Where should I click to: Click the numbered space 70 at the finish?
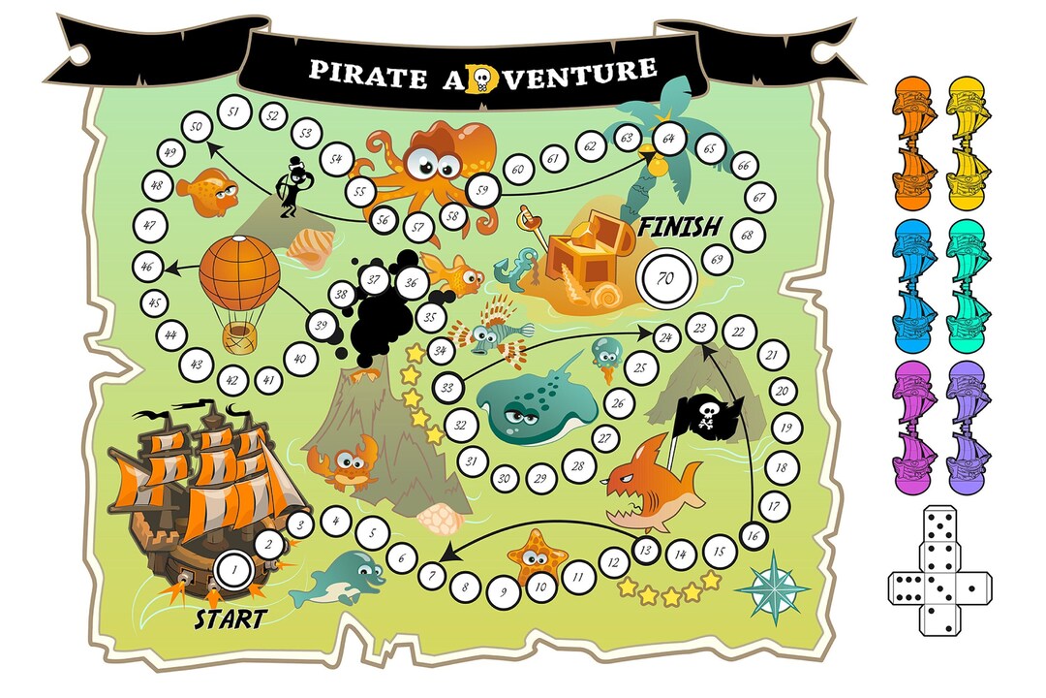[x=664, y=276]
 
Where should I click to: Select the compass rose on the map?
[x=772, y=587]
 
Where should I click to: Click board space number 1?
[x=232, y=569]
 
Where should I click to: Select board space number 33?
[x=447, y=388]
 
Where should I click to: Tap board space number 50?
[x=198, y=127]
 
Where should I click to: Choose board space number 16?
[x=754, y=533]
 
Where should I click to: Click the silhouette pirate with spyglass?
[x=291, y=187]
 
